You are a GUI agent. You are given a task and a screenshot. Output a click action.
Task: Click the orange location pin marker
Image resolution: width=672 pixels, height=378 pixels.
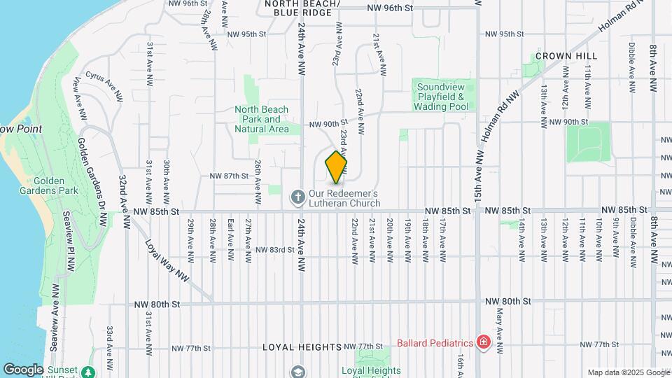tap(336, 167)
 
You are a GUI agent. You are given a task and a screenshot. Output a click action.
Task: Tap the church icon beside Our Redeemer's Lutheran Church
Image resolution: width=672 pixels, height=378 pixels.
tap(297, 197)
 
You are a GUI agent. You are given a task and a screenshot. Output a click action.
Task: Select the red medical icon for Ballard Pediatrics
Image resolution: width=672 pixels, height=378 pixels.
tap(482, 342)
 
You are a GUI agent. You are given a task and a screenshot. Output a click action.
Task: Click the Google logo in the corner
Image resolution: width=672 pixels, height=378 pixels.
tap(23, 369)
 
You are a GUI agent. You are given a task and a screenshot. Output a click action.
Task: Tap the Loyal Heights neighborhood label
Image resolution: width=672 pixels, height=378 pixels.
tap(302, 347)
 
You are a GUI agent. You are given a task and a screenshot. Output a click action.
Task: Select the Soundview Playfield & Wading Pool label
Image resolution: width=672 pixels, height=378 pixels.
tap(442, 97)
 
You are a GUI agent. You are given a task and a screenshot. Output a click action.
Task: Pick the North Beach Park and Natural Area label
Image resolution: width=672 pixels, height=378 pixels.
tap(261, 119)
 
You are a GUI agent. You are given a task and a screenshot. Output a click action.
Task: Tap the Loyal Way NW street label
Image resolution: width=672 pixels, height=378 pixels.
tap(167, 261)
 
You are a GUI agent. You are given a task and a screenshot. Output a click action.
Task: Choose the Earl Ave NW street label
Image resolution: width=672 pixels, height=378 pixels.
tap(230, 239)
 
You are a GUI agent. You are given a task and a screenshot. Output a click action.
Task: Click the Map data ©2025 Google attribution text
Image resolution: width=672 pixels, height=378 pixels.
tap(628, 372)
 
